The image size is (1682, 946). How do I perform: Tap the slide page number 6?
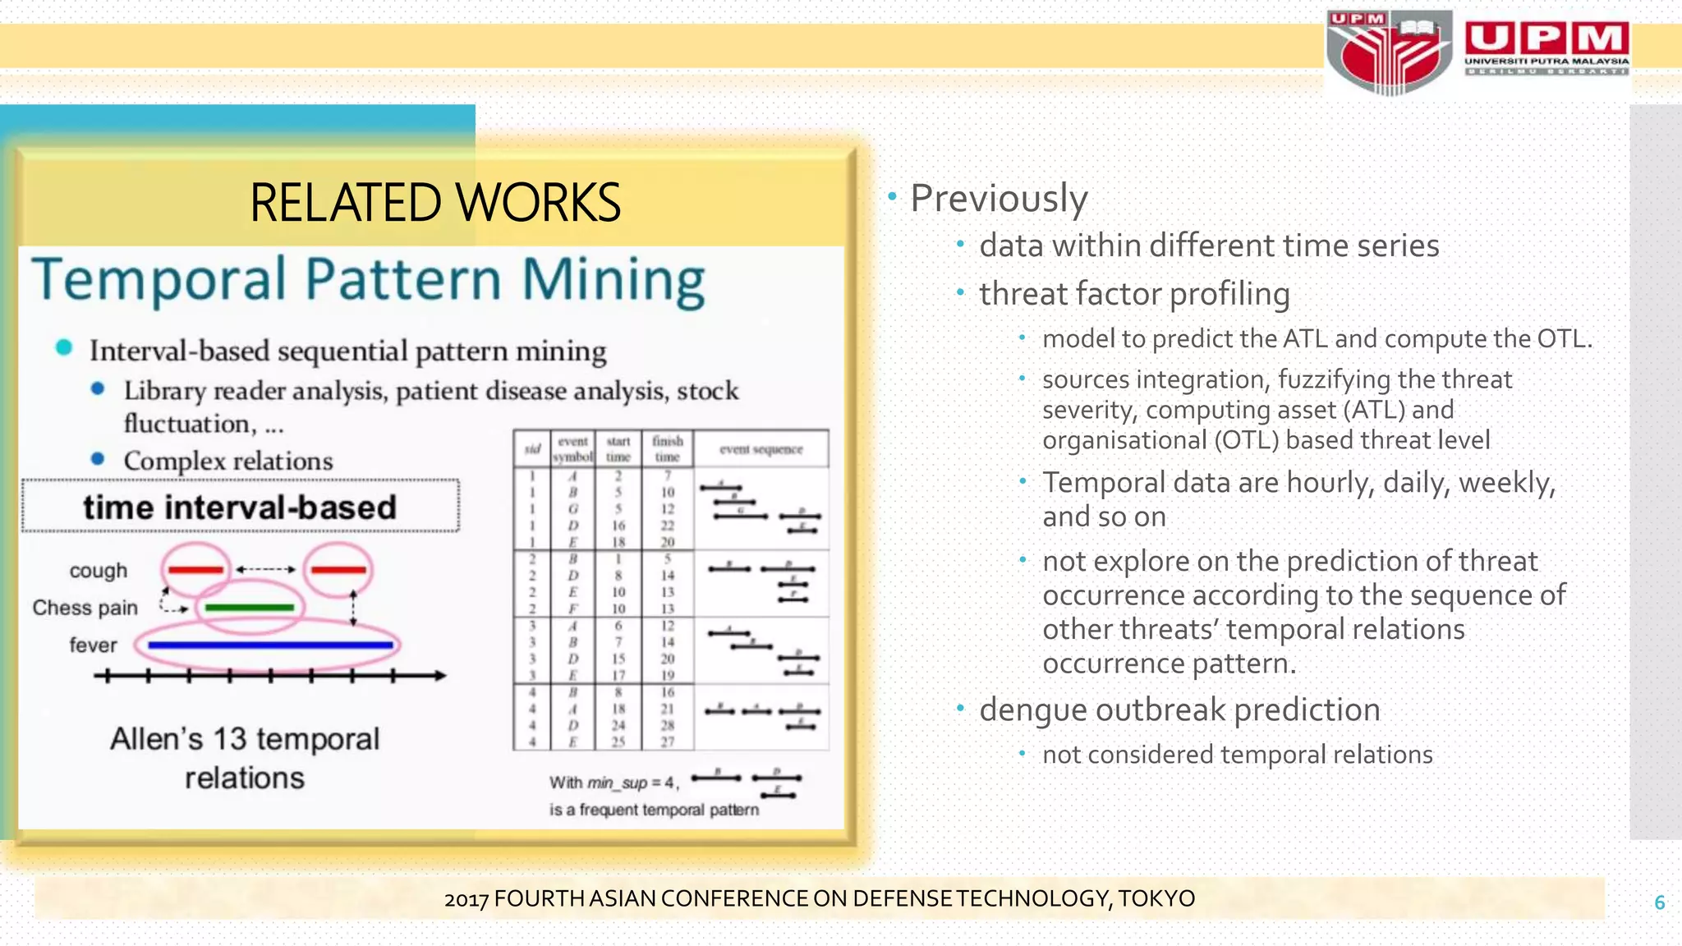(x=1659, y=902)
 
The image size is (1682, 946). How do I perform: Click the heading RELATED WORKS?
(x=434, y=203)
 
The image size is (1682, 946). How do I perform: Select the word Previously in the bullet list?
(x=999, y=199)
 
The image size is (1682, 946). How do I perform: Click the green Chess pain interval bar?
(x=249, y=608)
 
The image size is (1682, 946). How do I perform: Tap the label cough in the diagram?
(x=99, y=571)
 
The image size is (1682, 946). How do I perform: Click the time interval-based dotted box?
(x=240, y=507)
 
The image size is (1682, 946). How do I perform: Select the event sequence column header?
(x=761, y=449)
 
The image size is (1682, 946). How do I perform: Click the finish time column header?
(x=667, y=448)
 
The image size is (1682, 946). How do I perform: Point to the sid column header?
(x=532, y=448)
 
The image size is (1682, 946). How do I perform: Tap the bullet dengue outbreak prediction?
(x=1179, y=709)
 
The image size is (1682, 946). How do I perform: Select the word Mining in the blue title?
(x=613, y=280)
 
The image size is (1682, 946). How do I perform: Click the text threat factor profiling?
(x=1133, y=294)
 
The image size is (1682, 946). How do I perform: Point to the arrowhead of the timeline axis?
(x=441, y=676)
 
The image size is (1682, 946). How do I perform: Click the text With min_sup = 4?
(x=614, y=783)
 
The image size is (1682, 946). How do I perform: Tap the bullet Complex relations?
(x=227, y=462)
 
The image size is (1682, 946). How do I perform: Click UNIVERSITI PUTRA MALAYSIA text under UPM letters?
(x=1546, y=61)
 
